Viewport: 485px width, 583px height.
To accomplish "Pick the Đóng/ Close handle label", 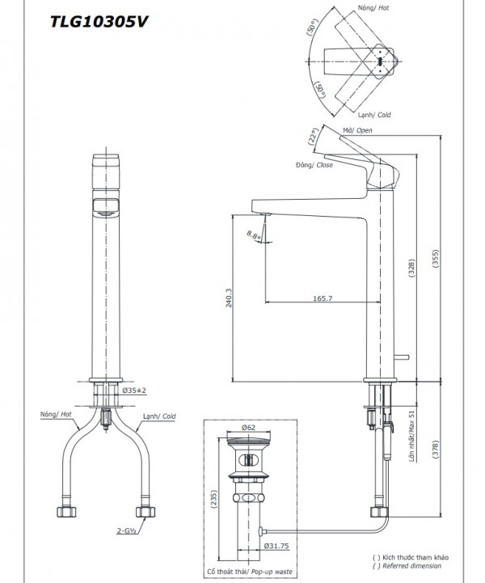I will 314,165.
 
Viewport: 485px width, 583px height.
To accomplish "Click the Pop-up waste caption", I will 253,572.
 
